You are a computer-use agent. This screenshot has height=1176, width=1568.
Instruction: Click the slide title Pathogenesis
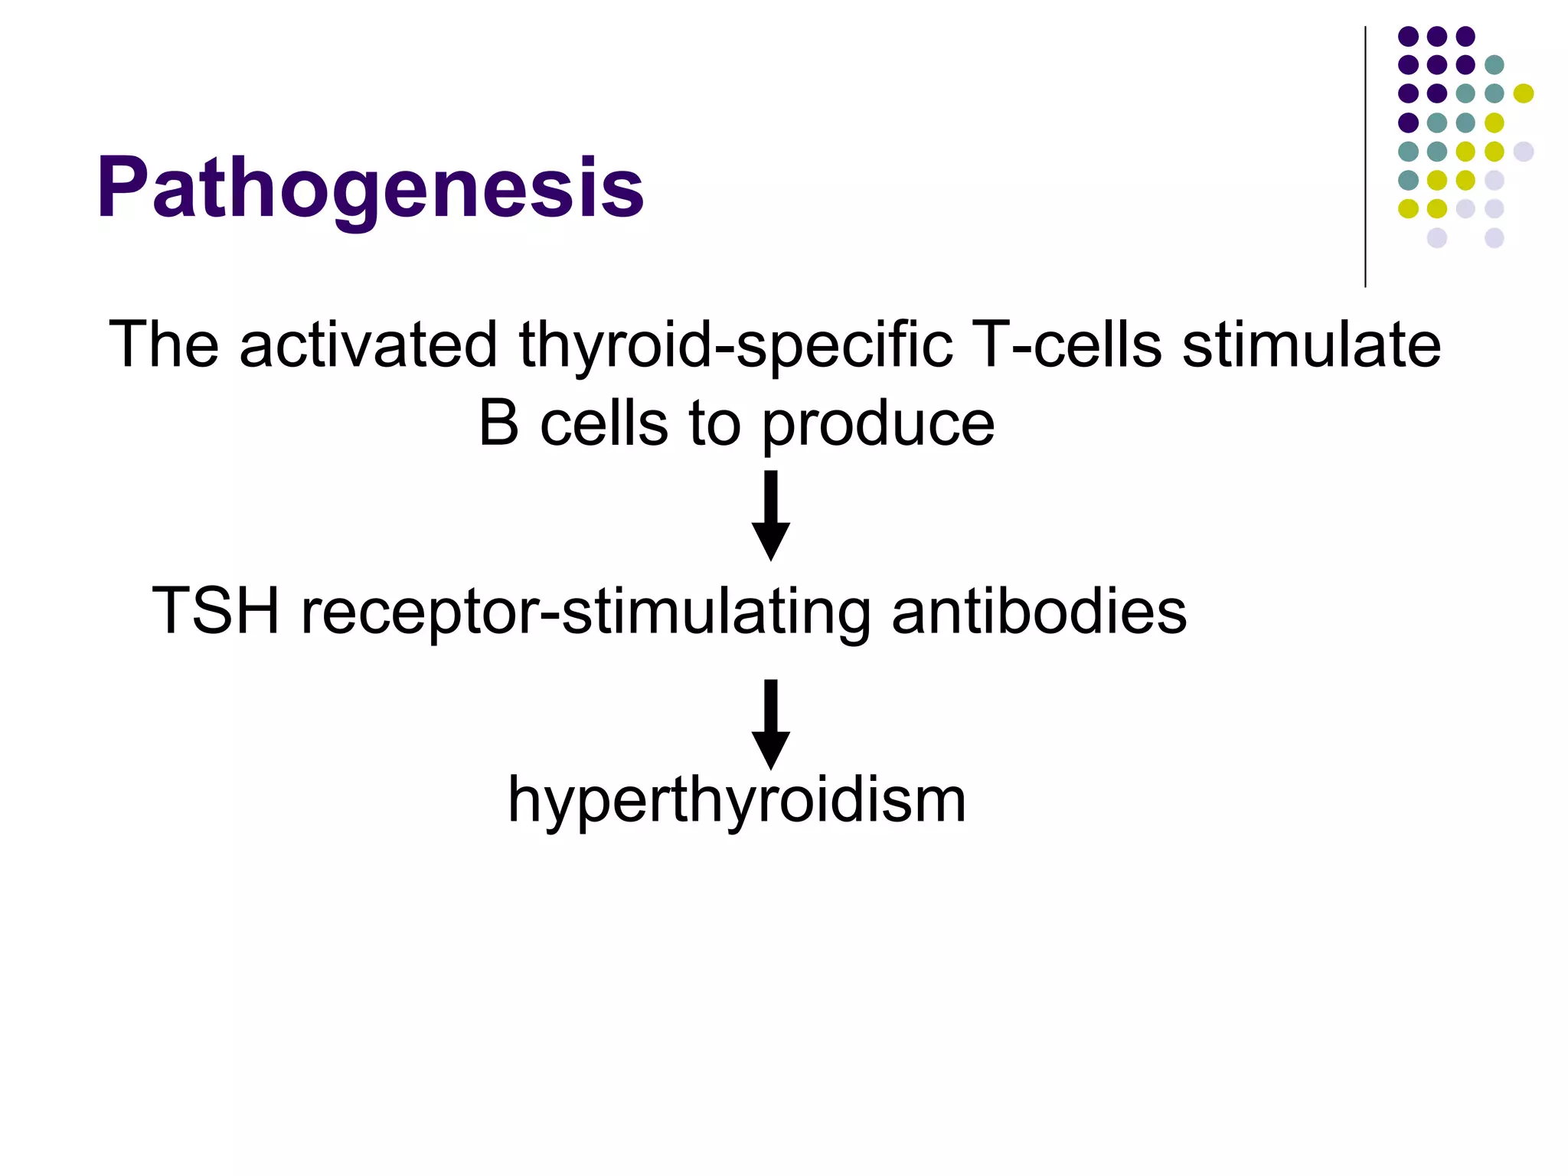pos(370,188)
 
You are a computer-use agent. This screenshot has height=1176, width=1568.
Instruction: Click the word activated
pos(367,345)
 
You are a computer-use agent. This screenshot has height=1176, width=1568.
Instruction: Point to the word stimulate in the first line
pos(1311,345)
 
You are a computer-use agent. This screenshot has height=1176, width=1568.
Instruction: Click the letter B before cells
pos(498,424)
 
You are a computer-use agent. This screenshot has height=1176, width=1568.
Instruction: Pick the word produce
pos(878,426)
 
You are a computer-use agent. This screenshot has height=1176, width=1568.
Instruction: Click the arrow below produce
pos(770,515)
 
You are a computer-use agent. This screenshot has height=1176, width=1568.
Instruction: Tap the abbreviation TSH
pos(216,611)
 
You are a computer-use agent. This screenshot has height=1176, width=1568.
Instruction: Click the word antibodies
pos(1039,611)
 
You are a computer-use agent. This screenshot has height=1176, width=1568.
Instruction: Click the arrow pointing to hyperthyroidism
pos(770,724)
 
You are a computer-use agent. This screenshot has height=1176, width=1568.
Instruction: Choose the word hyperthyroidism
pos(737,801)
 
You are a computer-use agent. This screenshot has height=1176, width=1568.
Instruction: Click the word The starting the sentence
pos(164,345)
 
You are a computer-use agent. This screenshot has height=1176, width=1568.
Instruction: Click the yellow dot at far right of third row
pos(1523,93)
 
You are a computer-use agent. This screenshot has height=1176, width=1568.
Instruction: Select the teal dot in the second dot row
pos(1494,65)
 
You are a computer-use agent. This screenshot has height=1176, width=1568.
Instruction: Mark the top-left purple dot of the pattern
pos(1408,36)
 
